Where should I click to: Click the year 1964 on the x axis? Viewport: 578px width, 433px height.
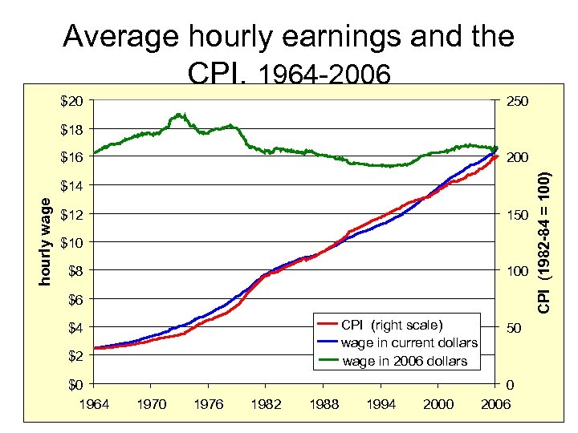pyautogui.click(x=95, y=403)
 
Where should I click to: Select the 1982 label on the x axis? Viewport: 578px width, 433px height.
pyautogui.click(x=267, y=403)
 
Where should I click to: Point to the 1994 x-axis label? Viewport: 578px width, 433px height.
pyautogui.click(x=381, y=403)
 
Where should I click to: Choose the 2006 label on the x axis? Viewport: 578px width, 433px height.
pyautogui.click(x=496, y=403)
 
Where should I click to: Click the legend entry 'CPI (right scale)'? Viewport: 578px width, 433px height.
pyautogui.click(x=391, y=325)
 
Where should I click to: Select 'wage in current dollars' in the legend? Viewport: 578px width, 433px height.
pyautogui.click(x=409, y=342)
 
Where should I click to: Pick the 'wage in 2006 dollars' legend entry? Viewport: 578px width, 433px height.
pyautogui.click(x=405, y=361)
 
